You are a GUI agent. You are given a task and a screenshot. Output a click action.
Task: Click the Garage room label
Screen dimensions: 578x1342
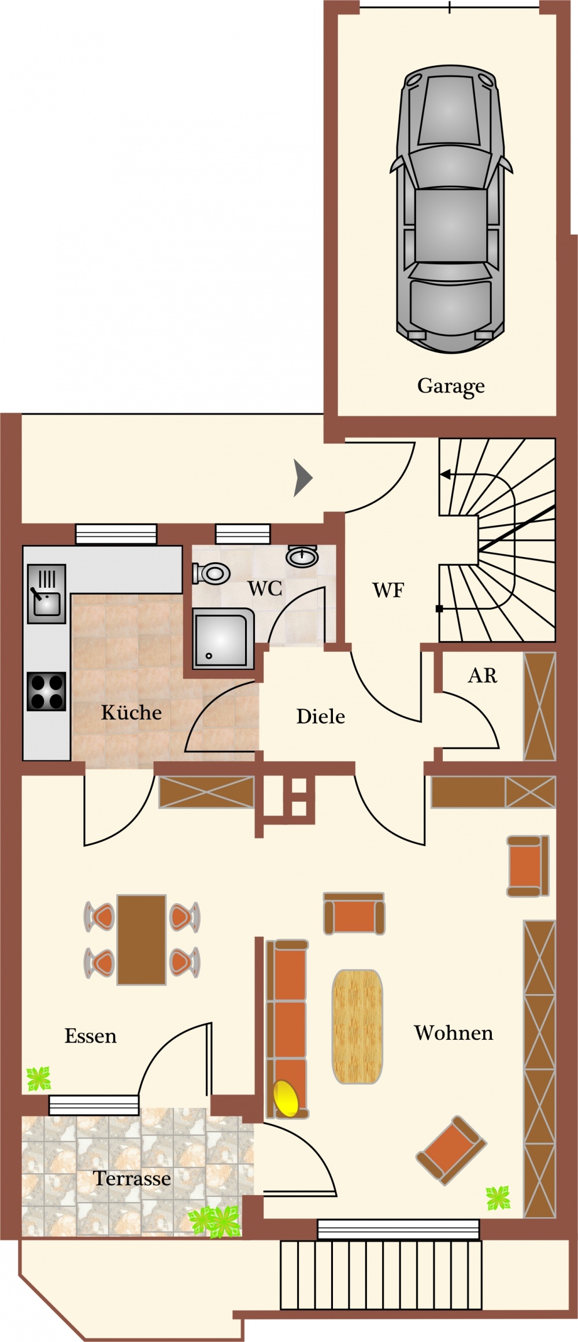(451, 386)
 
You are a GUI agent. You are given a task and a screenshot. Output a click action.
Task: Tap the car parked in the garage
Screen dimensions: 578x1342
(451, 209)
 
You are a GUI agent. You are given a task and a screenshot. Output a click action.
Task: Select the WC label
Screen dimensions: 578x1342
(265, 588)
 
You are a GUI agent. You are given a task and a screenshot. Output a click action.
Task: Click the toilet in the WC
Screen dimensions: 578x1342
(211, 573)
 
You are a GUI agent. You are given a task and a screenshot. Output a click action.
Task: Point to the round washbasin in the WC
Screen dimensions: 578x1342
(302, 556)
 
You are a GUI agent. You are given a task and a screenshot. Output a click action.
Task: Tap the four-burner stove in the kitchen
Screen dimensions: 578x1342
(47, 691)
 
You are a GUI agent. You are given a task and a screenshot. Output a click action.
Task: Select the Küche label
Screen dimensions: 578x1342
(131, 712)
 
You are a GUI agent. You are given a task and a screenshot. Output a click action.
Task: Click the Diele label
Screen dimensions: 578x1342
(320, 717)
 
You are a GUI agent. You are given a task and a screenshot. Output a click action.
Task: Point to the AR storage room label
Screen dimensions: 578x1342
(483, 675)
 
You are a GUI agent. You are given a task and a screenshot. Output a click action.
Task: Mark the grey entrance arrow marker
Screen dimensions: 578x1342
(303, 478)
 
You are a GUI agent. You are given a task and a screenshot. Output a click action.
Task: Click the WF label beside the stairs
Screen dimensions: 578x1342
(388, 590)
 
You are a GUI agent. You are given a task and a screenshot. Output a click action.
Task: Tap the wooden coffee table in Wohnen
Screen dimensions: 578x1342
(357, 1026)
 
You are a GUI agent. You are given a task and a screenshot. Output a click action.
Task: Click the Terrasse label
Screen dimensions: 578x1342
(132, 1178)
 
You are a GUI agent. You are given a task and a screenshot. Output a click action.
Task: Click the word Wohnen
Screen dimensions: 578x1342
(454, 1033)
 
